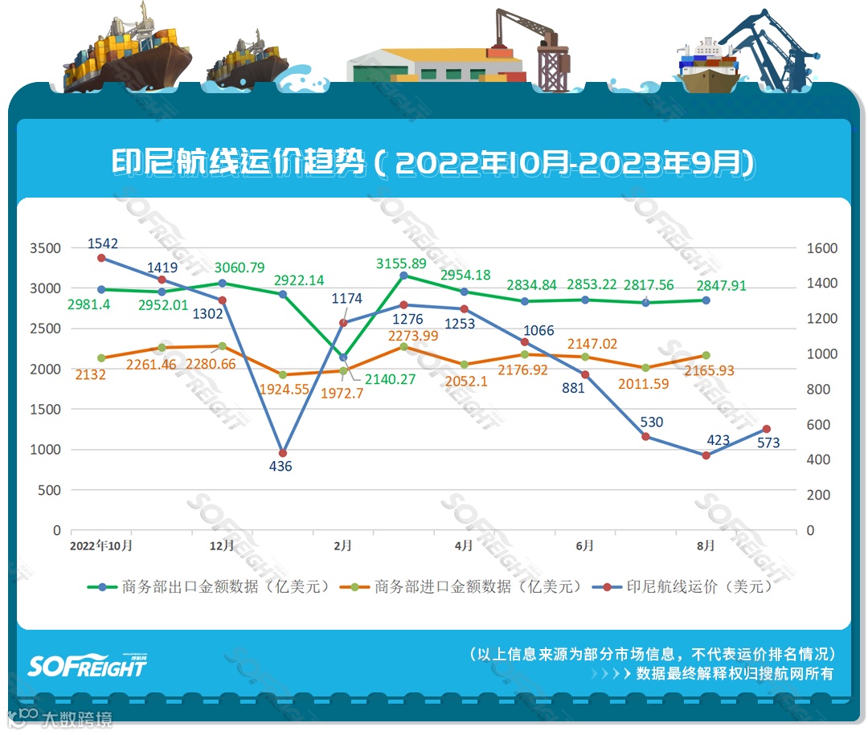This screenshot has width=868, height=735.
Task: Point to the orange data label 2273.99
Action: [x=413, y=337]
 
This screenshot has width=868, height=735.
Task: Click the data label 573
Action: [x=768, y=443]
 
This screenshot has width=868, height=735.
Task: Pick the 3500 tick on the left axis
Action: [x=45, y=248]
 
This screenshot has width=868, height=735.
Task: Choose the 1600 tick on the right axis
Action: [x=821, y=248]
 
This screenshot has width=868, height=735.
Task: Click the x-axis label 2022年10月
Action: [x=101, y=545]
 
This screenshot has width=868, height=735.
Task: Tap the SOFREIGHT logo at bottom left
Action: [x=88, y=665]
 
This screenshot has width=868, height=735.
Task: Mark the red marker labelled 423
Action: [x=706, y=455]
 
